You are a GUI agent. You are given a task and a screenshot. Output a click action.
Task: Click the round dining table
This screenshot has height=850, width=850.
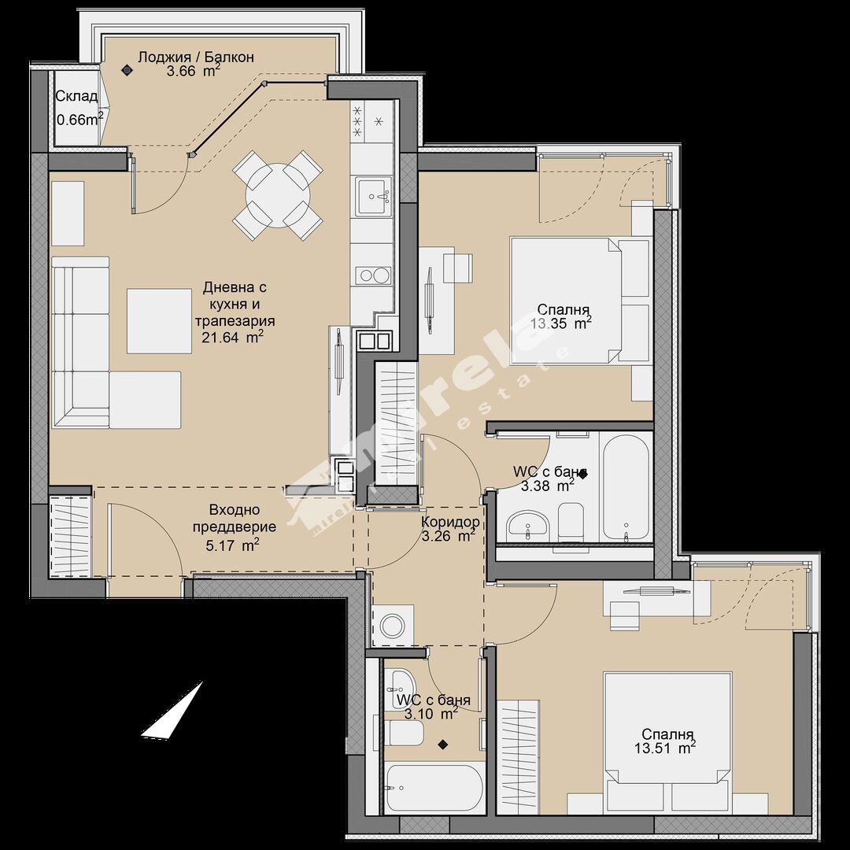278,195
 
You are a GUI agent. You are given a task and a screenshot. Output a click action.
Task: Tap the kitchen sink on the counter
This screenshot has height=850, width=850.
374,197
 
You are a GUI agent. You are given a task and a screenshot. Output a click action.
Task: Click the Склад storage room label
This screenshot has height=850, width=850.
77,97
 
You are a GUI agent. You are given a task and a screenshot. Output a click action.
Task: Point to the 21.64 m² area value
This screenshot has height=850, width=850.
237,338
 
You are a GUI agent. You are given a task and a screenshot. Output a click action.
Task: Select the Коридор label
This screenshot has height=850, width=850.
450,522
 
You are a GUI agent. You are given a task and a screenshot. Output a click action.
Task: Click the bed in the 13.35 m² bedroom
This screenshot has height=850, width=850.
580,301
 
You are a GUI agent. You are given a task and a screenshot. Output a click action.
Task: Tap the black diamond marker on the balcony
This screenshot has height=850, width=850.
127,69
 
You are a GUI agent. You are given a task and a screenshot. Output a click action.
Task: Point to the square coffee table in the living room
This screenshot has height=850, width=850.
159,321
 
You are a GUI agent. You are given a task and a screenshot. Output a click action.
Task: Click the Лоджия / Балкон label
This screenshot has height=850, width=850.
196,57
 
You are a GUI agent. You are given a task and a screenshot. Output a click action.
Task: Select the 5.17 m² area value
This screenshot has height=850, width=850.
231,545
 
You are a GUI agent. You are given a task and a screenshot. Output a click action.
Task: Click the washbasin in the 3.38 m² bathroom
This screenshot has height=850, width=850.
528,525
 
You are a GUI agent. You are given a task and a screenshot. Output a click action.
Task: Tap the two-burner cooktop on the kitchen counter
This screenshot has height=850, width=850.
374,276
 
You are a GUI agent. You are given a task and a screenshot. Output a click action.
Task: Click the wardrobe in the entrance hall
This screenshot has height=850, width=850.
71,533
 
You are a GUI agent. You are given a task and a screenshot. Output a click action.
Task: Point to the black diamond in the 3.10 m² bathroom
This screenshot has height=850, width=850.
443,745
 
